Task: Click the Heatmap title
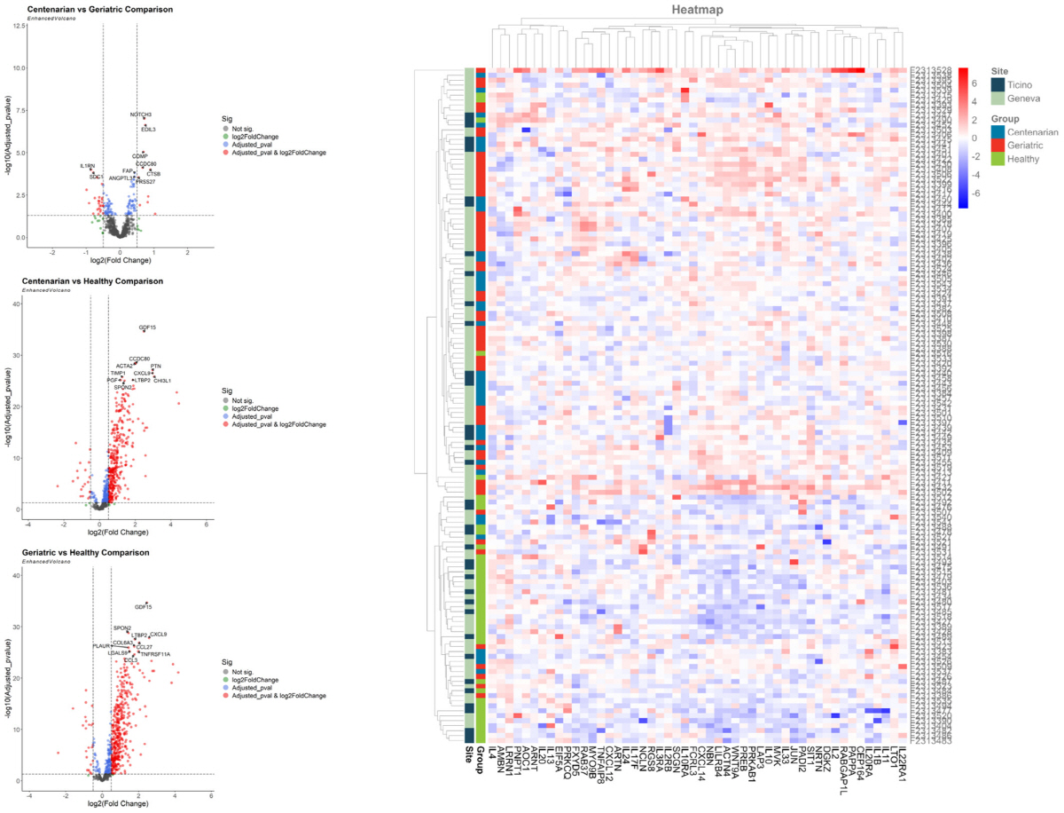point(697,10)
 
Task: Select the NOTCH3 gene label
point(141,114)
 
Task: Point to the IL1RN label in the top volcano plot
point(87,166)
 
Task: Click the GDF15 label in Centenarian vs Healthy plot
point(147,328)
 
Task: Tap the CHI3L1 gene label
point(162,381)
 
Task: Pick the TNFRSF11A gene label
point(155,654)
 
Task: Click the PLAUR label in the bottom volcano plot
point(101,645)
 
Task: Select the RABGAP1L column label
point(840,773)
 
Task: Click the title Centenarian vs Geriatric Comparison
point(98,9)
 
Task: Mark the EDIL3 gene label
point(148,130)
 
